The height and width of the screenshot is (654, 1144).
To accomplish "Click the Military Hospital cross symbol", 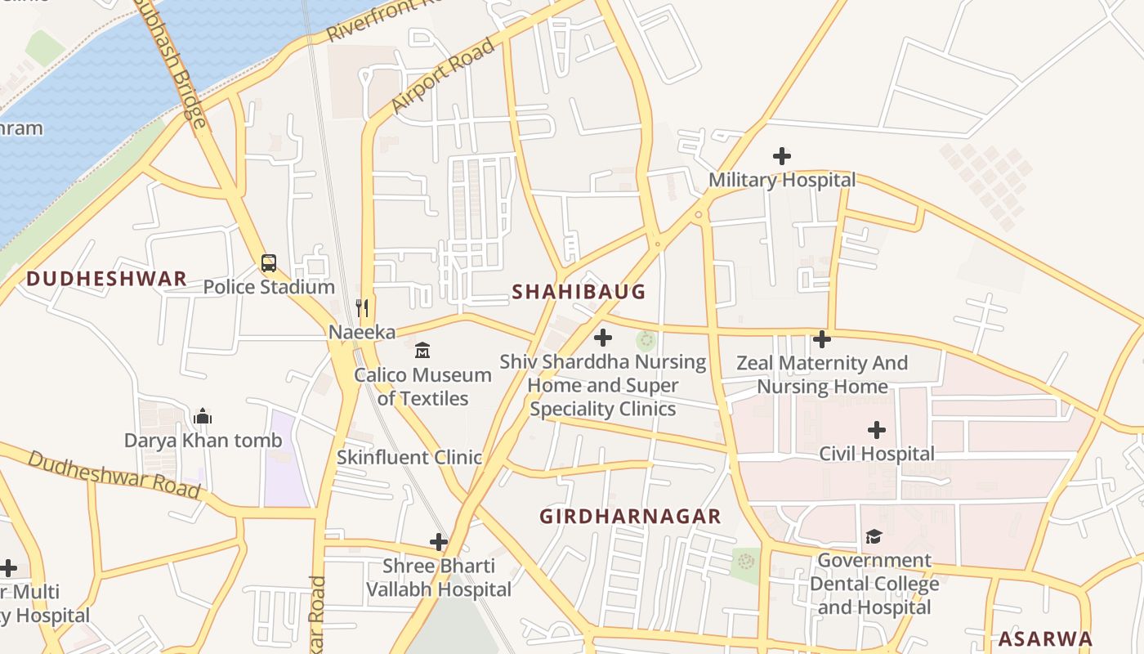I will [x=782, y=155].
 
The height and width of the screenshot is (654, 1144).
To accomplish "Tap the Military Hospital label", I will [x=782, y=180].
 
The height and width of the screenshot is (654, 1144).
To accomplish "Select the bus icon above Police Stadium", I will [x=269, y=263].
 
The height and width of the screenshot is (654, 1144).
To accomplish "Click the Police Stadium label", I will [x=269, y=287].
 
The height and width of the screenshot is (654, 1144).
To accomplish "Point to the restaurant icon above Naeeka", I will [x=362, y=308].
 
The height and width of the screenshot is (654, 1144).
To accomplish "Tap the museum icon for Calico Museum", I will [x=422, y=351].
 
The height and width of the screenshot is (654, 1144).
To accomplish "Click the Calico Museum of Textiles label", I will [x=422, y=387].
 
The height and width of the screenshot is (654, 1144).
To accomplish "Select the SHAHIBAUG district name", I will [x=579, y=292].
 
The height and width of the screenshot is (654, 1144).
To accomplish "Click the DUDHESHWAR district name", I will [x=106, y=279].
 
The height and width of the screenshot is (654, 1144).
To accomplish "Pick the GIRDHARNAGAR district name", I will [x=630, y=516].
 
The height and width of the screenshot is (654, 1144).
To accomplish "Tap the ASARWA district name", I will [x=1045, y=638].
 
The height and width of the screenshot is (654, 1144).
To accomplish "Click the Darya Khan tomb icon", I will [x=203, y=416].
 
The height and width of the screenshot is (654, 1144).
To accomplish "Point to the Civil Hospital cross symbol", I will [x=877, y=429].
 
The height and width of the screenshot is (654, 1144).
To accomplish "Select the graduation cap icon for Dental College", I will [x=874, y=536].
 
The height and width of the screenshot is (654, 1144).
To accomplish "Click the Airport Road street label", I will [x=443, y=75].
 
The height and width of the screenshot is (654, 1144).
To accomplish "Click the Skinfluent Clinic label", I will [x=409, y=457].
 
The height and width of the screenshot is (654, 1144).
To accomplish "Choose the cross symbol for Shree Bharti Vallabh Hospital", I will [x=439, y=542].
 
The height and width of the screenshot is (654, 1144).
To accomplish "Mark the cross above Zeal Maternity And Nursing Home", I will [x=822, y=338].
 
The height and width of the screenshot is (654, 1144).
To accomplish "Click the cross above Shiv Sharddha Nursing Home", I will [x=603, y=337].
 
